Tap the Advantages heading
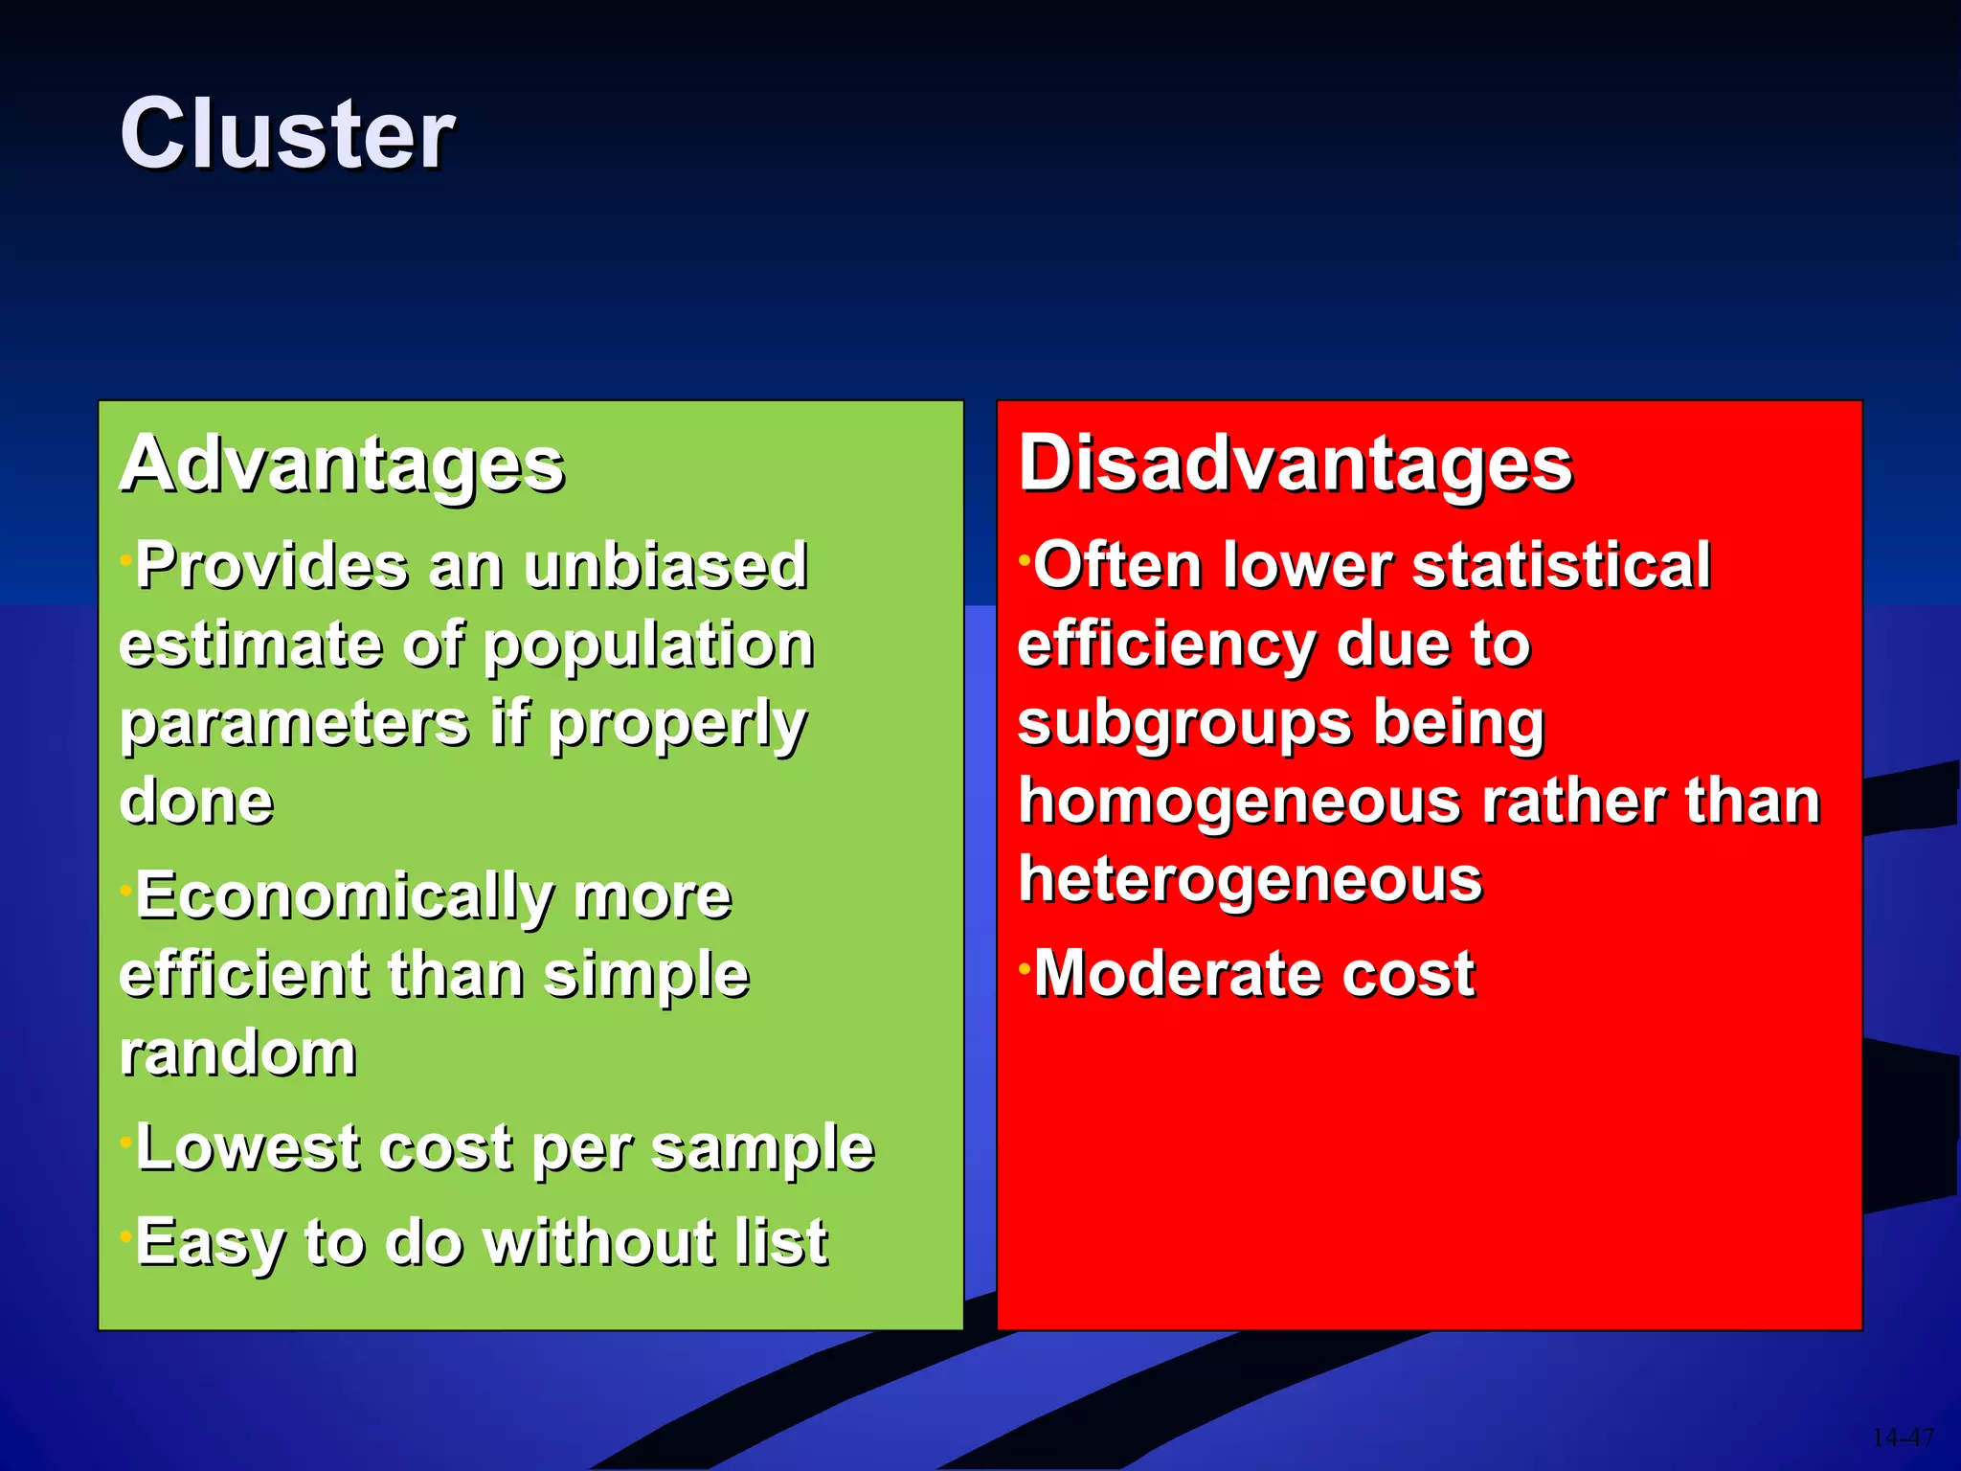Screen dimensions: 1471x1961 pos(342,464)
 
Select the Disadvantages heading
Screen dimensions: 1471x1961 pos(1295,464)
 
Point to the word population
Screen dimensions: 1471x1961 pos(648,646)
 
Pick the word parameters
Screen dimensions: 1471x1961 pos(294,723)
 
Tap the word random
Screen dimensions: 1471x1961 pos(238,1053)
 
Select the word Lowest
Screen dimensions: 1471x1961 pos(249,1147)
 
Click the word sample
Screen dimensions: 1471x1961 pos(763,1149)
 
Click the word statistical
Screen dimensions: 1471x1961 pos(1561,565)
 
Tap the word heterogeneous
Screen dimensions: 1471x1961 pos(1251,881)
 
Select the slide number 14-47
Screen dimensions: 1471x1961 pos(1902,1437)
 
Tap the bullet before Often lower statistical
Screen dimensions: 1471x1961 pos(1024,557)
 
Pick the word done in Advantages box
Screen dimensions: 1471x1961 pos(196,802)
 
